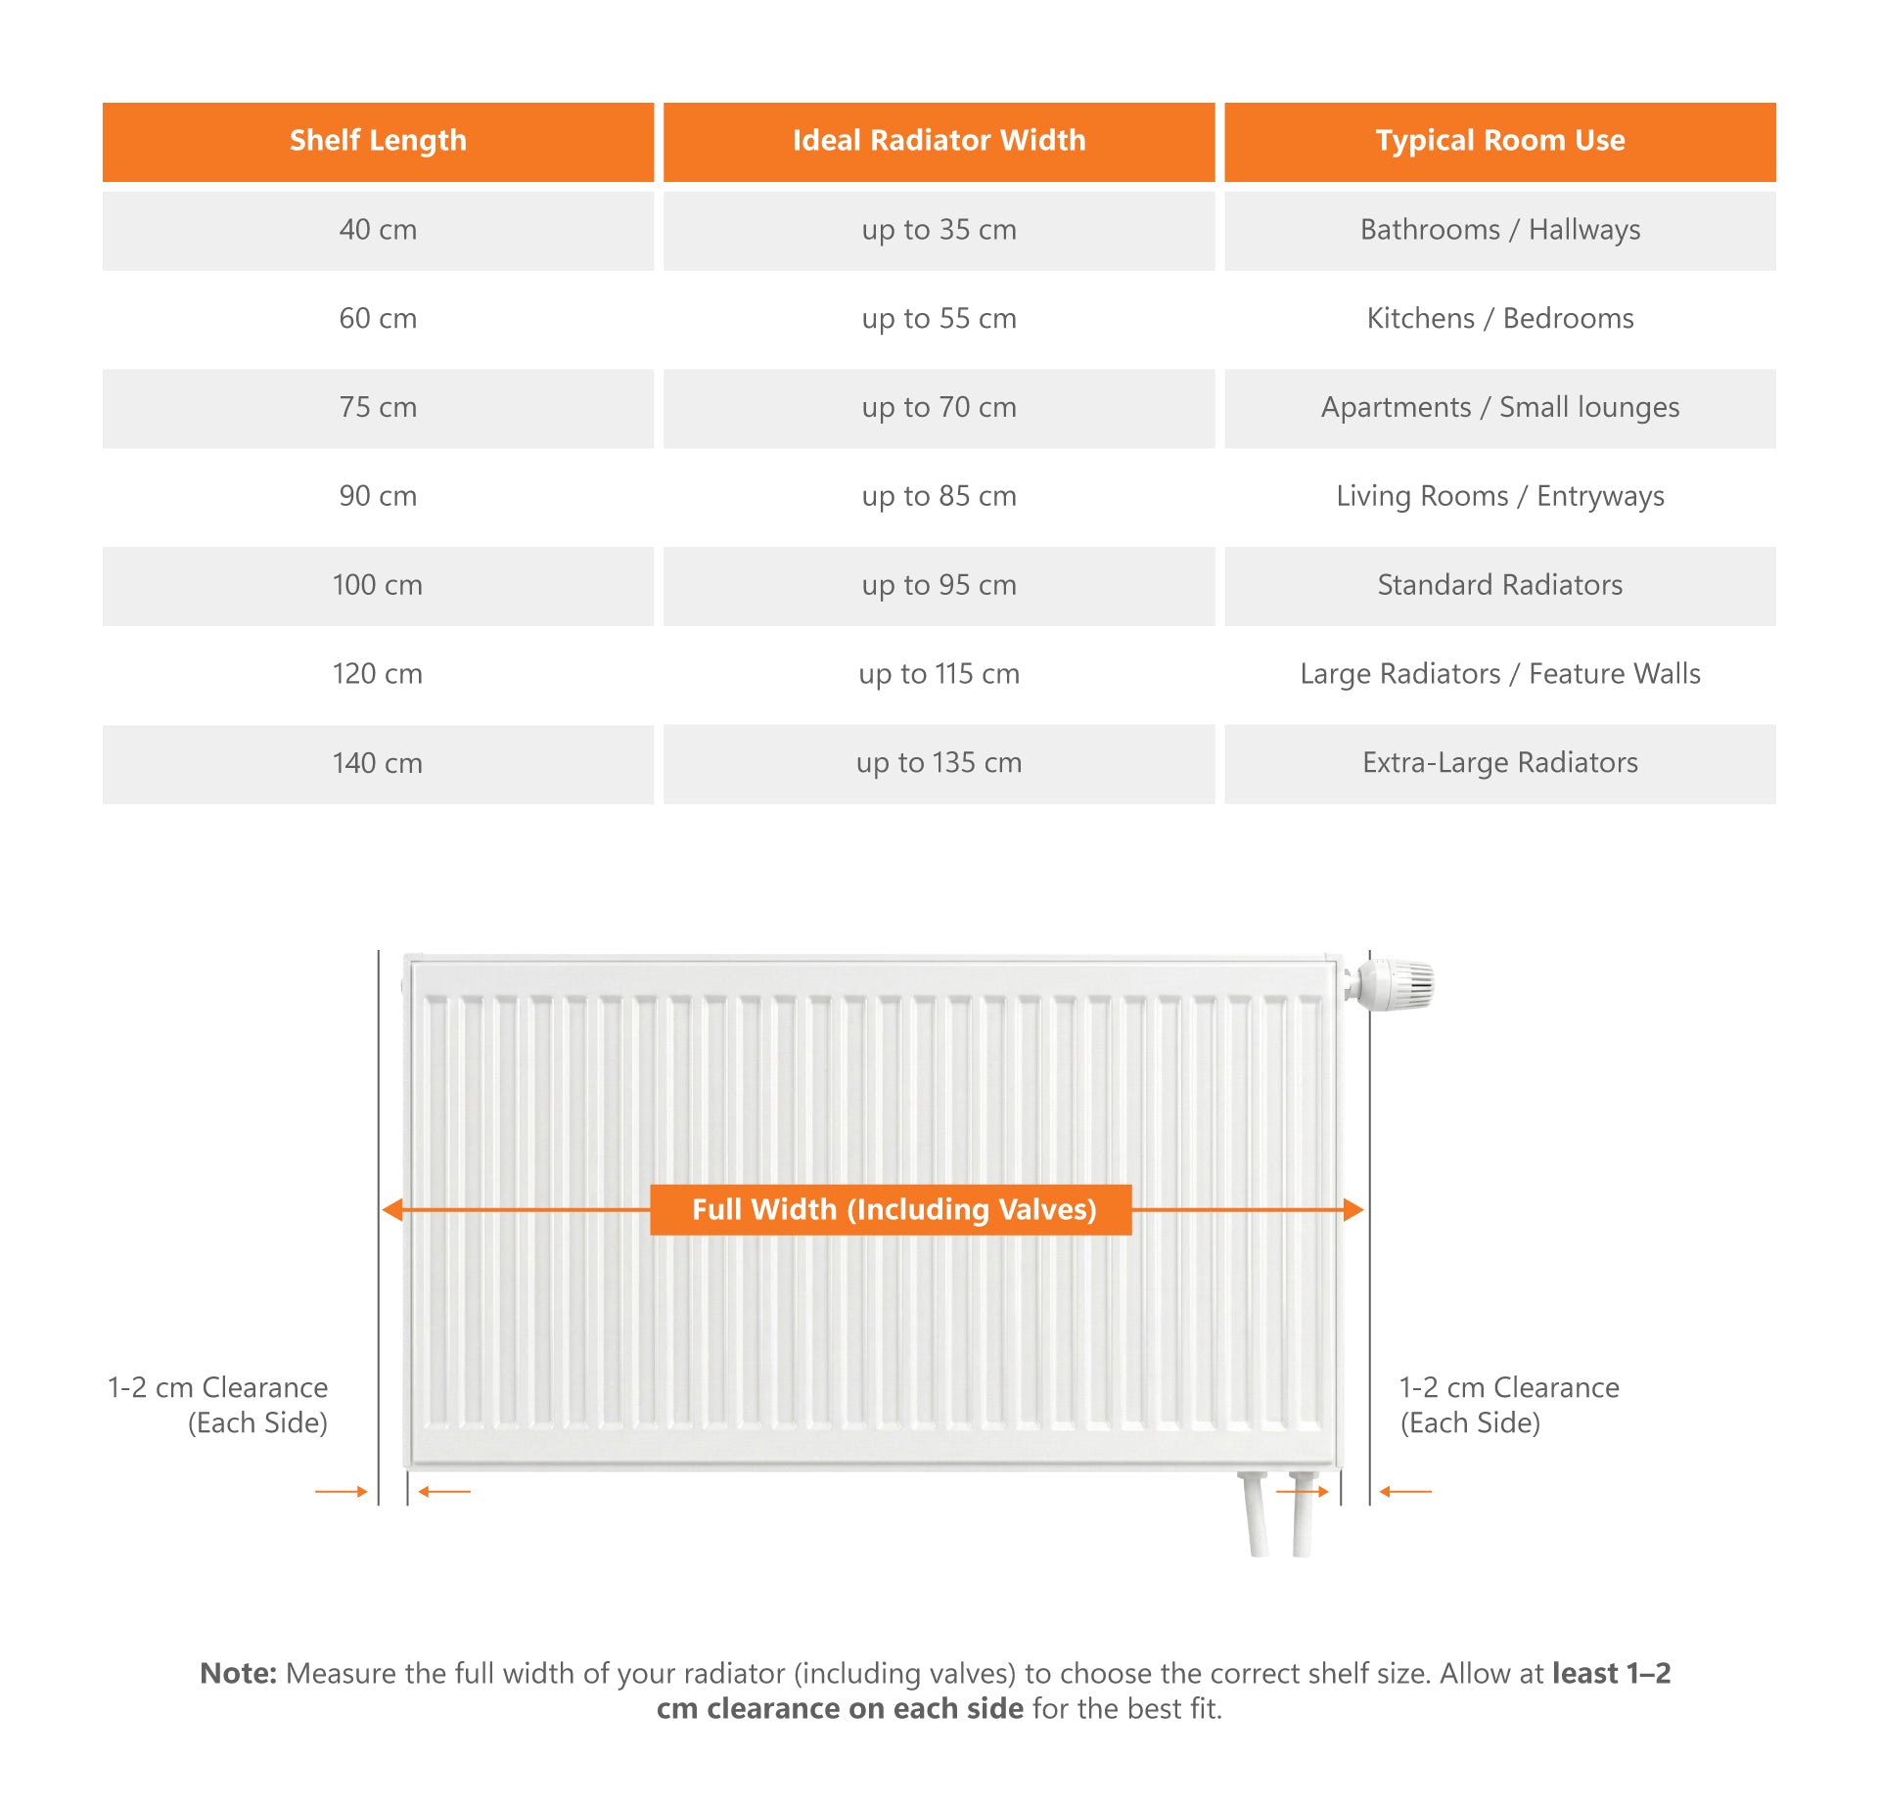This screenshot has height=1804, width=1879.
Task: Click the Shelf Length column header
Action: (378, 141)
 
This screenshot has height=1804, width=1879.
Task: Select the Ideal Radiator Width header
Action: (939, 141)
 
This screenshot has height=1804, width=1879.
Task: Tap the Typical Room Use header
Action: (1499, 141)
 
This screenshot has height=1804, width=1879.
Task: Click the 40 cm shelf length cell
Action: (378, 230)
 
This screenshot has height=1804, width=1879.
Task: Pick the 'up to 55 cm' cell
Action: (939, 319)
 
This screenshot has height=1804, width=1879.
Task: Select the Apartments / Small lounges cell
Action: (1499, 408)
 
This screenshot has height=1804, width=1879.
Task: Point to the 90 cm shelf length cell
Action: (378, 496)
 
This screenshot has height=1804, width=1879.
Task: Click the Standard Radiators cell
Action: (1499, 585)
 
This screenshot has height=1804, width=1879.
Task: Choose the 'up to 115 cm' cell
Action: (939, 674)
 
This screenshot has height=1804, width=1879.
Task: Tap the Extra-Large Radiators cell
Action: (1499, 763)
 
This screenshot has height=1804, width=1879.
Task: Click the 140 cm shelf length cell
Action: (378, 763)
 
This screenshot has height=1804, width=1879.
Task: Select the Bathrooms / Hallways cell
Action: (1499, 230)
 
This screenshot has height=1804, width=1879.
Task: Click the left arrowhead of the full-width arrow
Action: (392, 1210)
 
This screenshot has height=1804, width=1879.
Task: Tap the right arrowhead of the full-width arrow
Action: (1353, 1210)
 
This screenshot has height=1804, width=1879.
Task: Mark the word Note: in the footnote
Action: (239, 1674)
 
